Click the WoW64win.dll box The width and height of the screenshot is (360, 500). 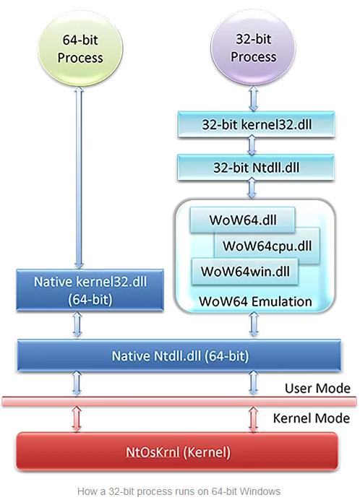pos(235,272)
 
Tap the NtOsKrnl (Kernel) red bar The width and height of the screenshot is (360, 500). pos(177,452)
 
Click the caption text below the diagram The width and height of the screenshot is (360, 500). pos(179,491)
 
